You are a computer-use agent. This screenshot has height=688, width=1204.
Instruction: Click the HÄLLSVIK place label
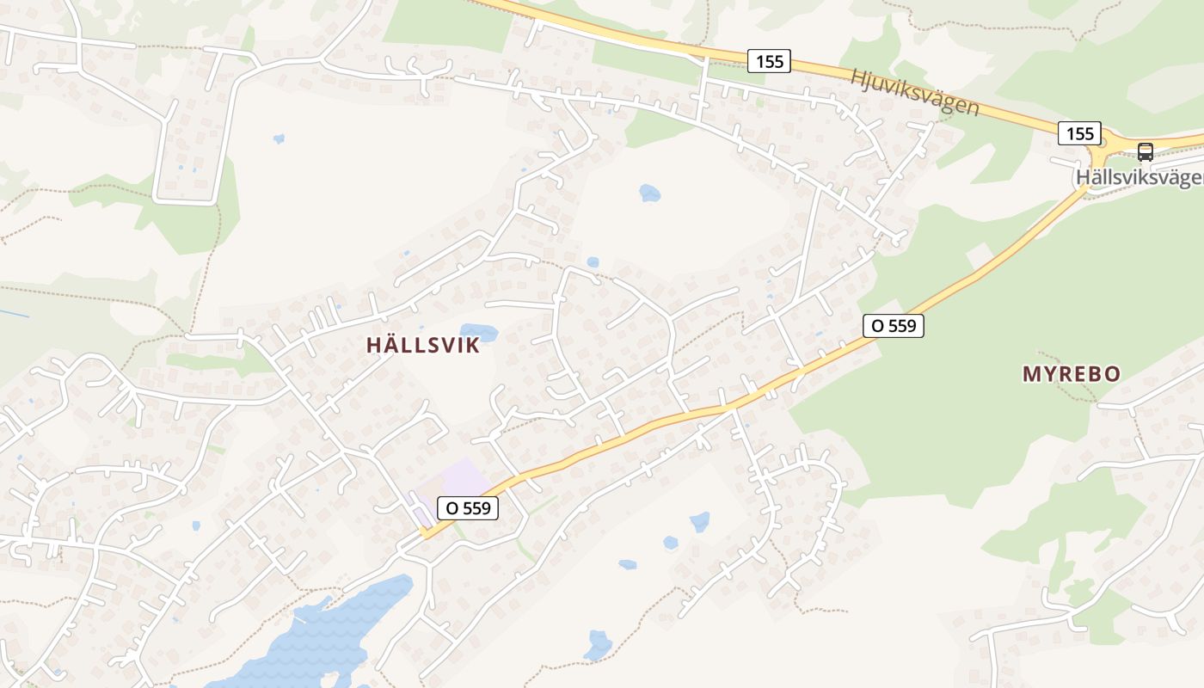pos(422,346)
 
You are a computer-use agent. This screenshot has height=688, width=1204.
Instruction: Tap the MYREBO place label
pos(1071,374)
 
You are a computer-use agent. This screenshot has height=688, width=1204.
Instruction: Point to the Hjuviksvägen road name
pos(914,92)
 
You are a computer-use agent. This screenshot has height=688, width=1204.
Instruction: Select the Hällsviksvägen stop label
pos(1139,178)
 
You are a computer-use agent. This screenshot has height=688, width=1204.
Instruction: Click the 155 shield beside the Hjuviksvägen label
pos(769,61)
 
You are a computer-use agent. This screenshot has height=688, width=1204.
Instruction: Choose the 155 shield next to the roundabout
pos(1079,133)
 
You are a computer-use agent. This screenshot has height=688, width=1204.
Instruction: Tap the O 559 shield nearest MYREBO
pos(894,326)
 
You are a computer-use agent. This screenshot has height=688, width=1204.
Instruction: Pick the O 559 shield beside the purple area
pos(468,508)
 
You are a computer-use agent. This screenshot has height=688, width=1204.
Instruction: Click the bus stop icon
pos(1145,152)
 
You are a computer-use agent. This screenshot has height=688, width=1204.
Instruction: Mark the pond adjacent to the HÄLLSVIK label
pos(479,332)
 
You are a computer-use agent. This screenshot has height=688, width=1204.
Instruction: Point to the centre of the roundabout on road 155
pos(1103,144)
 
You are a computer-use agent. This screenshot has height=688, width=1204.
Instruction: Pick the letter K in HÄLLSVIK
pos(472,346)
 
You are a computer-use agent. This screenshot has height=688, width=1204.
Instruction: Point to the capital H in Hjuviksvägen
pos(858,77)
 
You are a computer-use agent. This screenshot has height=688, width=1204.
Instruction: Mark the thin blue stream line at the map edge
pos(13,313)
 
